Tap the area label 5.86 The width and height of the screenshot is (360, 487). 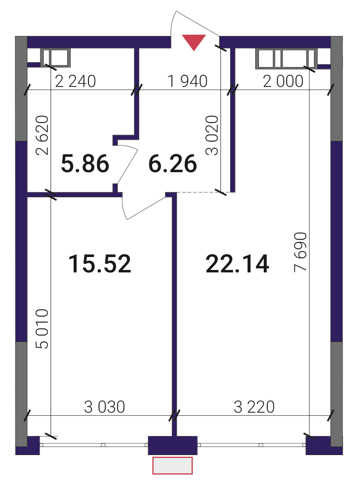click(85, 164)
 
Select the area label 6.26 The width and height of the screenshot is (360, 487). click(173, 164)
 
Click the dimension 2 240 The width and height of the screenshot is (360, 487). click(75, 81)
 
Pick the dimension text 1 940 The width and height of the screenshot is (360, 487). click(187, 81)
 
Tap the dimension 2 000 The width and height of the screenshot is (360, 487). click(283, 81)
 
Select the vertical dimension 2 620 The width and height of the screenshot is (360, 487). click(42, 135)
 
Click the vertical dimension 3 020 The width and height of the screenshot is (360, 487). click(212, 135)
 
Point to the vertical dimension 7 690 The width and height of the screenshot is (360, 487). click(300, 252)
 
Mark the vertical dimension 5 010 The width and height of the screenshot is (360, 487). click(42, 329)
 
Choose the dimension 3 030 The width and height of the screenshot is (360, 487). click(105, 407)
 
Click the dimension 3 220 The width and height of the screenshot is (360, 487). click(254, 407)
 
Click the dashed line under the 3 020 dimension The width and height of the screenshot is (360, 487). click(204, 192)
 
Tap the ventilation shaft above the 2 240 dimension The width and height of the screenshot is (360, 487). click(55, 58)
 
